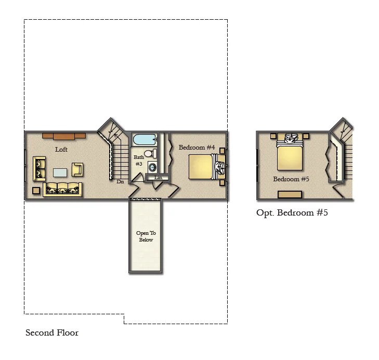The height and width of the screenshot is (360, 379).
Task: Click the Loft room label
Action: point(61,150)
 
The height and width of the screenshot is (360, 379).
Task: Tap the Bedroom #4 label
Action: point(197,148)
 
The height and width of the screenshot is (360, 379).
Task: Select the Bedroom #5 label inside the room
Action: point(291,179)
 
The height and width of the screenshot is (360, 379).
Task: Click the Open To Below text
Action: point(146,236)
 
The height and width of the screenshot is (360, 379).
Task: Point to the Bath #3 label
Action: point(139,161)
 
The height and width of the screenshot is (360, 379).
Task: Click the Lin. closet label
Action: point(159,178)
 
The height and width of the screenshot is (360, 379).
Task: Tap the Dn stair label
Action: point(120,182)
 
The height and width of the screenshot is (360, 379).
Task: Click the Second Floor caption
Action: point(52,332)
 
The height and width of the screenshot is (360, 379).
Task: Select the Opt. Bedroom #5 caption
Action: point(292,212)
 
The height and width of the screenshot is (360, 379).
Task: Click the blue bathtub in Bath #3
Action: point(145,140)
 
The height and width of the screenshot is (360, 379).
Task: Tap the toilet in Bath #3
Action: point(150,153)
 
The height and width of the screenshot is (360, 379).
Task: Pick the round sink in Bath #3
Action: point(152,167)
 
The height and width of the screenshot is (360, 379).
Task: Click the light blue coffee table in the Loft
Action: point(60,172)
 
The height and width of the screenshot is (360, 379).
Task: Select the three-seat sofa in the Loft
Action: point(62,189)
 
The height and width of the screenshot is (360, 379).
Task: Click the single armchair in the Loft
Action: point(77,169)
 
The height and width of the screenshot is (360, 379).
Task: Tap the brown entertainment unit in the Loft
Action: point(64,136)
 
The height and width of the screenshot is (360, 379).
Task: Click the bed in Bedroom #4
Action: point(207,167)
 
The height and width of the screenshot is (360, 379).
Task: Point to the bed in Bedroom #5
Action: point(290,152)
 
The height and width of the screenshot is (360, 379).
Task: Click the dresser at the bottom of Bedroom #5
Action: point(290,194)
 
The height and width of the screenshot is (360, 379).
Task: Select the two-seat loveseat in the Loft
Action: point(39,168)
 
